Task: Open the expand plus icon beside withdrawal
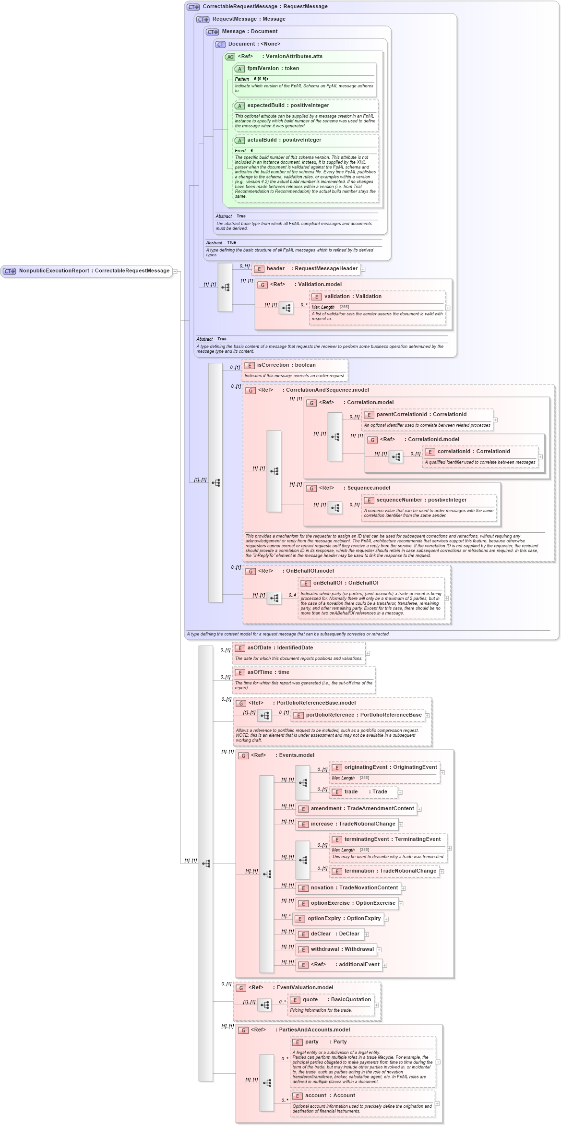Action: click(x=379, y=950)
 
